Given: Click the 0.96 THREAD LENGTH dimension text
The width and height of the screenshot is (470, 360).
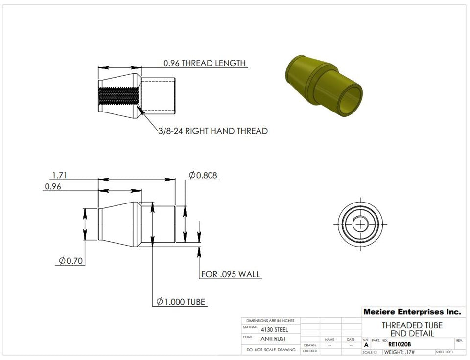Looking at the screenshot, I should tap(204, 63).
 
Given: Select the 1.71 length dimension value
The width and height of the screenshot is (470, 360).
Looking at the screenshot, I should tap(59, 175).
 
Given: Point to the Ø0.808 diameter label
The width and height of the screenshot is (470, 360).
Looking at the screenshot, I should tap(203, 175).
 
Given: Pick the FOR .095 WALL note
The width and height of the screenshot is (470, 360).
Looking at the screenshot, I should tap(231, 274).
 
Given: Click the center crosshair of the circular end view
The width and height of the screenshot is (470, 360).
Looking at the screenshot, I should tap(361, 225).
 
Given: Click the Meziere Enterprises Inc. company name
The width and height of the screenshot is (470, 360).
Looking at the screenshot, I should tap(412, 312).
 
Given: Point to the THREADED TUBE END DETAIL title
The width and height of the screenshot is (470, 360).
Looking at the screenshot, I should tap(412, 329).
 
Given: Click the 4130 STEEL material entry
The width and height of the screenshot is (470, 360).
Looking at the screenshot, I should tap(274, 329).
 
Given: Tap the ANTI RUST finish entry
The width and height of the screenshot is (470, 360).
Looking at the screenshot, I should tap(274, 339).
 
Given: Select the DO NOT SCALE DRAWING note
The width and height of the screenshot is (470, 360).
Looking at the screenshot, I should tap(271, 350).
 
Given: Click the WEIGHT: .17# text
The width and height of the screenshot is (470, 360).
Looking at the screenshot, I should tap(399, 352).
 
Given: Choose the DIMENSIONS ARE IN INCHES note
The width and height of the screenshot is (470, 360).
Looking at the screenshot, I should tap(270, 321).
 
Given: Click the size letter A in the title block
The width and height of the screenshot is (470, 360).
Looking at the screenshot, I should tap(366, 345).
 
